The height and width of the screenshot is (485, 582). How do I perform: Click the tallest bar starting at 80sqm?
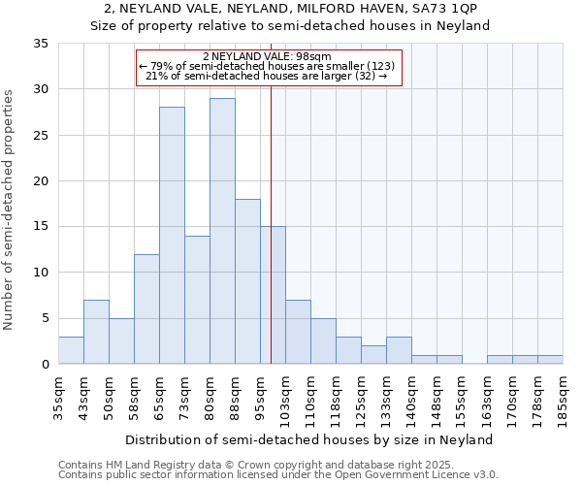(x=222, y=231)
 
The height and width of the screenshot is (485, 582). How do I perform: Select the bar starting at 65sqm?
(x=172, y=236)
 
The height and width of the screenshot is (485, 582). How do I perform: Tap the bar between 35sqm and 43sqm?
(x=71, y=350)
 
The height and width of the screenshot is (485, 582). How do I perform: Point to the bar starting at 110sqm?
(x=323, y=340)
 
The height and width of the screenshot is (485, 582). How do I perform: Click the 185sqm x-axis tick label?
(x=564, y=396)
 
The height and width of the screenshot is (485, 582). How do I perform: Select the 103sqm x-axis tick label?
(x=286, y=396)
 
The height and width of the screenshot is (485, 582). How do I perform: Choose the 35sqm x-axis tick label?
(x=59, y=396)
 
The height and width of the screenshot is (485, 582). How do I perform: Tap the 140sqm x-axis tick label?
(x=412, y=396)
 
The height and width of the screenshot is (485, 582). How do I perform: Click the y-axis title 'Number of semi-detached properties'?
(x=10, y=210)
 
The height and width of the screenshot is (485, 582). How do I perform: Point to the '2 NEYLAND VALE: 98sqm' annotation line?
(x=268, y=56)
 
